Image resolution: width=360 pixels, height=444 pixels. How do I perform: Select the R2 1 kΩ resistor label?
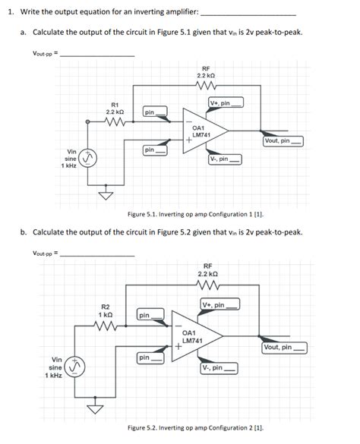pyautogui.click(x=106, y=310)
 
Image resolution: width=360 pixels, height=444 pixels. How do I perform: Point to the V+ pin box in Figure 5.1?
pyautogui.click(x=225, y=102)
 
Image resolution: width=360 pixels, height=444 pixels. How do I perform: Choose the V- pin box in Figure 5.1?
pyautogui.click(x=225, y=159)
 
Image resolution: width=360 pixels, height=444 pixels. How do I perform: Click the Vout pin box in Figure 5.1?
pyautogui.click(x=283, y=140)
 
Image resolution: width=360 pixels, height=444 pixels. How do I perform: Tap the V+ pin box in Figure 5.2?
pyautogui.click(x=220, y=305)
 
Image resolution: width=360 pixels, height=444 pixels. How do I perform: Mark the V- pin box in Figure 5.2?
pyautogui.click(x=219, y=368)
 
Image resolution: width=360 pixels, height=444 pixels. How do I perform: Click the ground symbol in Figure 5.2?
pyautogui.click(x=96, y=408)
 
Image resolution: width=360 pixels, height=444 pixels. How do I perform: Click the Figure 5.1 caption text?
pyautogui.click(x=190, y=214)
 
